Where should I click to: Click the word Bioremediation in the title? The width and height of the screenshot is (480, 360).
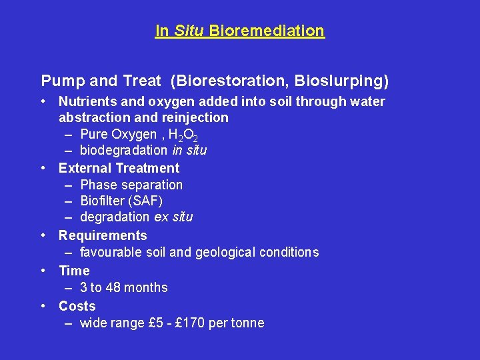coord(267,31)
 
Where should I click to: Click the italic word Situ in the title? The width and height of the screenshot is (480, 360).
coord(189,31)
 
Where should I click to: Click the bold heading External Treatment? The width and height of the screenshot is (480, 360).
coord(119,168)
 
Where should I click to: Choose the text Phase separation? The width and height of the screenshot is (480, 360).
coord(131,185)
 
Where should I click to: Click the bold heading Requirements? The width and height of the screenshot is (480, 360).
coord(103,235)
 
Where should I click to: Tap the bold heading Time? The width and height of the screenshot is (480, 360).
coord(74,271)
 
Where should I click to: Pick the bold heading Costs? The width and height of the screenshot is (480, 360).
coord(77,306)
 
